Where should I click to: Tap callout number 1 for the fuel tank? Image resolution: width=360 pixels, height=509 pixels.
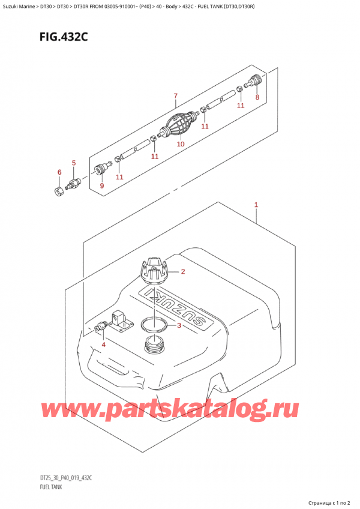pyautogui.click(x=256, y=205)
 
